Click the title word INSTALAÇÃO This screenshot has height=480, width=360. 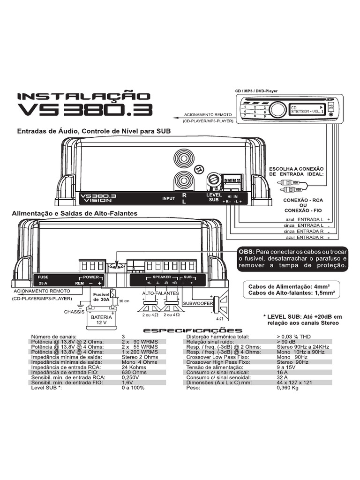[84, 97]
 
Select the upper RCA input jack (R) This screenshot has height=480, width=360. [182, 157]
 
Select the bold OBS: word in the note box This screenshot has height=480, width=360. [248, 251]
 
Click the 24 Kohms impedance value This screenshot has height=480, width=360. [134, 367]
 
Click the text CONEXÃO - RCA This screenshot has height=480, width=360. [303, 200]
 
